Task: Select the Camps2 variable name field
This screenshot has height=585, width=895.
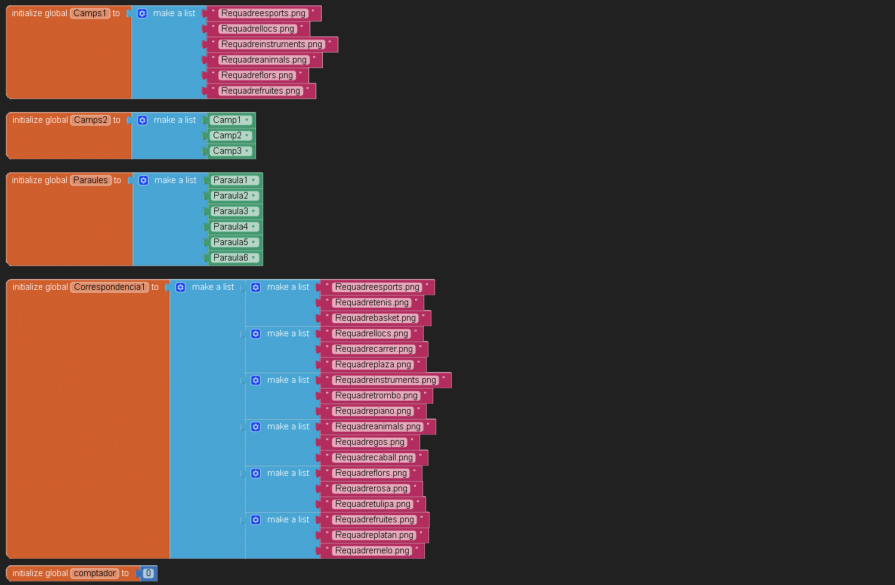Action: point(91,120)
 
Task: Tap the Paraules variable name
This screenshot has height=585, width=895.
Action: point(91,180)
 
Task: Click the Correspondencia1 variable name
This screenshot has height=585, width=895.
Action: point(110,287)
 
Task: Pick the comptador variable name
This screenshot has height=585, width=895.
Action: point(95,573)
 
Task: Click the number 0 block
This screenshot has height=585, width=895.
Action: point(149,573)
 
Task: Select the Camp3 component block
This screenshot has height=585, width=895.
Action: point(227,151)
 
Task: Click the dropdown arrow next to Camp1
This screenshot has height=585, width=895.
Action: point(247,120)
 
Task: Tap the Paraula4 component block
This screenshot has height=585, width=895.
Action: point(230,227)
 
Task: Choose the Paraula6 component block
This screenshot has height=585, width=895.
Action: point(230,258)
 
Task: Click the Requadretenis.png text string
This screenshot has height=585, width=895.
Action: point(372,302)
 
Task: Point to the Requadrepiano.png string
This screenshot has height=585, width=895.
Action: point(373,411)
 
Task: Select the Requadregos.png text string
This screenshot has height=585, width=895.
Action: point(369,442)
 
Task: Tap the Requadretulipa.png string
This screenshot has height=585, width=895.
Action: point(373,504)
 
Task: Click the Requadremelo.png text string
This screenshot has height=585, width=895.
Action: point(372,550)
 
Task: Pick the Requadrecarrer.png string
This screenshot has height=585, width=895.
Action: point(374,349)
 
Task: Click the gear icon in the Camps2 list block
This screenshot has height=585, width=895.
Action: point(143,120)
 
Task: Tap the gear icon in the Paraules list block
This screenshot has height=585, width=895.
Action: point(143,180)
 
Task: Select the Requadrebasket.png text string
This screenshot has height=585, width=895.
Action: point(375,318)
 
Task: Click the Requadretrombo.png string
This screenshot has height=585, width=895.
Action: point(376,395)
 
